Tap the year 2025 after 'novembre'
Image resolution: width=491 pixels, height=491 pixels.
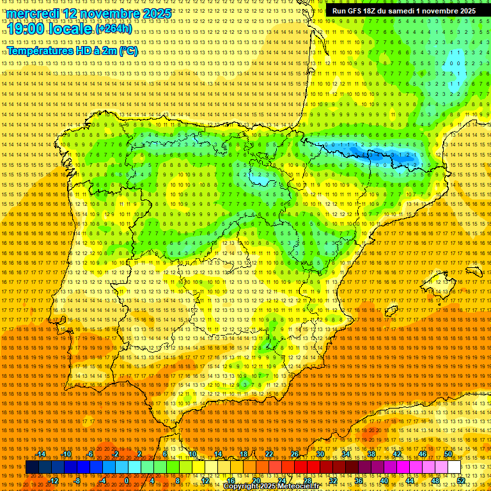tap(156, 13)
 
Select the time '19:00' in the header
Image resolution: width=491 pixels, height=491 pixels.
tap(28, 29)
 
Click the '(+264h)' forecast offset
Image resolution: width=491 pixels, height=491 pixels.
tap(114, 29)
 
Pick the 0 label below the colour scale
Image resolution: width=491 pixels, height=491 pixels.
tap(127, 481)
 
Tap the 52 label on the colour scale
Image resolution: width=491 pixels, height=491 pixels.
tap(461, 481)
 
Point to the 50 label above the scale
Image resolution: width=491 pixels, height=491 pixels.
tap(448, 454)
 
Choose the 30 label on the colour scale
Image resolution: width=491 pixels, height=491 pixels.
tap(320, 454)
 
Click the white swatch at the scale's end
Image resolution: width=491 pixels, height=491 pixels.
tap(455, 467)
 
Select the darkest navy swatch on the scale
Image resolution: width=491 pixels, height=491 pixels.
tap(32, 467)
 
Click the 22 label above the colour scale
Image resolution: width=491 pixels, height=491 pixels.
tap(269, 454)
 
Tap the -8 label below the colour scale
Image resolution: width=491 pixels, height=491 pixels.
tap(77, 481)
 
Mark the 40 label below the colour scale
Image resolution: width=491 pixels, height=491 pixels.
tap(384, 481)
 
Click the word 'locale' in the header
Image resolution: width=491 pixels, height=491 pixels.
tap(72, 29)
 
